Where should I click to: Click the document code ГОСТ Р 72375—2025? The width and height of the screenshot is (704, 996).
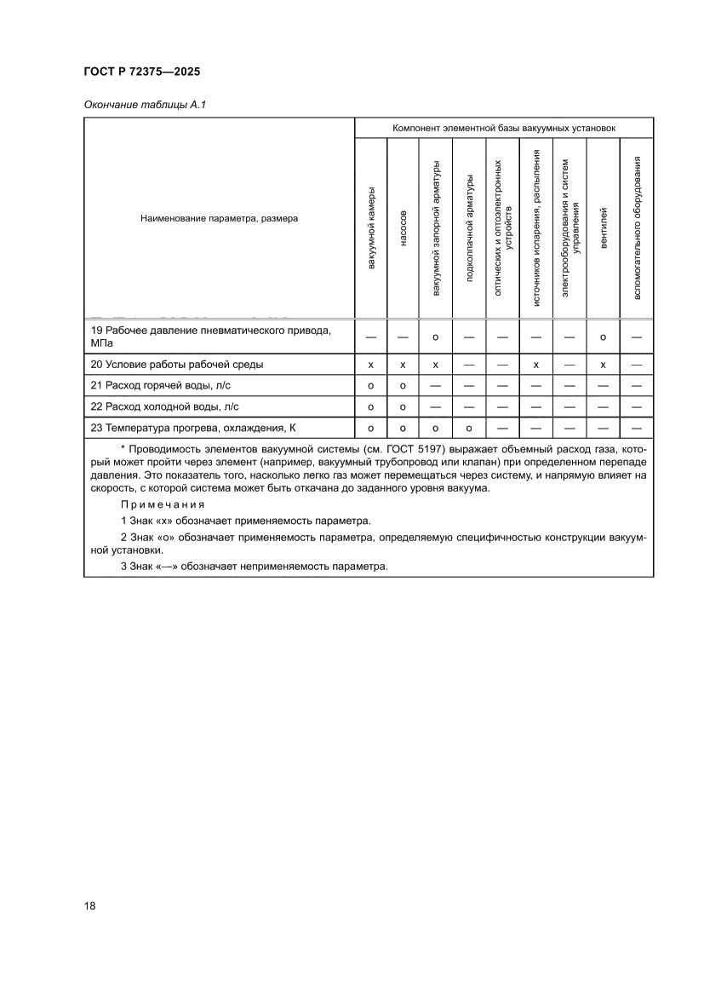click(141, 72)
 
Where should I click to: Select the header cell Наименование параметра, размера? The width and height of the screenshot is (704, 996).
click(219, 218)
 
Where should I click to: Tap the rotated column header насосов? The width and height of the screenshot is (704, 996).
click(403, 228)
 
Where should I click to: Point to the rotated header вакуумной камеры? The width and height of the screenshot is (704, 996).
click(370, 228)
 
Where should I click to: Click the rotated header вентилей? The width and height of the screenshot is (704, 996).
click(604, 228)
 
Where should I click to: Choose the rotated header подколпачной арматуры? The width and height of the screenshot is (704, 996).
click(469, 228)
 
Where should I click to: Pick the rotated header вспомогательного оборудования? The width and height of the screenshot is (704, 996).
click(637, 228)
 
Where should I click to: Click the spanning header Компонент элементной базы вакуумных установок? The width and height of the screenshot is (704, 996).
click(504, 128)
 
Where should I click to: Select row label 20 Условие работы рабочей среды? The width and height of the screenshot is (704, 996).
click(177, 365)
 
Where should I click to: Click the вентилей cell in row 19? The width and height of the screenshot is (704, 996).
click(604, 337)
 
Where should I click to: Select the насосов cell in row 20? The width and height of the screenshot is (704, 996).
click(403, 365)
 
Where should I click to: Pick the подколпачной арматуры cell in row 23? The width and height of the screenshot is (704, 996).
click(469, 427)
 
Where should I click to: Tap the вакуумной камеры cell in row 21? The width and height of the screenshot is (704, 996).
click(370, 385)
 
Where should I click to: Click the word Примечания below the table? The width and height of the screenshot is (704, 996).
click(163, 504)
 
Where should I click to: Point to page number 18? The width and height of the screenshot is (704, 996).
click(89, 906)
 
